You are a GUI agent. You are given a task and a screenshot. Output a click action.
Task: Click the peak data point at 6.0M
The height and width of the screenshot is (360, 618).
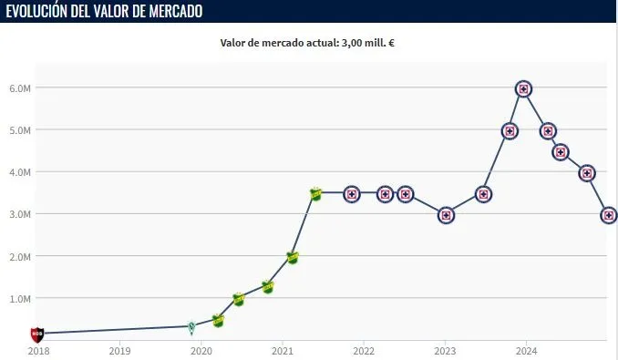coord(523,88)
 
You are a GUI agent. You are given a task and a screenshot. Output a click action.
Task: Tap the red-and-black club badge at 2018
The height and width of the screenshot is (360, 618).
coord(37,334)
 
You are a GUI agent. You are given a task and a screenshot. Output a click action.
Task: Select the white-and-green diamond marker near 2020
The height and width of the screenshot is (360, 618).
coord(191,327)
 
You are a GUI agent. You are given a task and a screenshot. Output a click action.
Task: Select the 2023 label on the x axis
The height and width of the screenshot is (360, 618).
coord(445,350)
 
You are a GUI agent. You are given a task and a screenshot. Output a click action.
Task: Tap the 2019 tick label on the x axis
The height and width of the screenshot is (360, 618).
coord(119,350)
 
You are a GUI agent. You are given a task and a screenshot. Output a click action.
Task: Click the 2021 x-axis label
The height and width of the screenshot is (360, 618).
coord(283,350)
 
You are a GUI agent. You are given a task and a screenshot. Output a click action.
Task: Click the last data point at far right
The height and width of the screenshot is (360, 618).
coord(609,215)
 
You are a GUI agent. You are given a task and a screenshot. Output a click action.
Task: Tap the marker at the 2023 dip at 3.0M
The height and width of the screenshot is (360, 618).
coord(446,215)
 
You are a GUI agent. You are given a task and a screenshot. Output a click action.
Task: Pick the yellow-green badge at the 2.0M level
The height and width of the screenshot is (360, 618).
coord(293,257)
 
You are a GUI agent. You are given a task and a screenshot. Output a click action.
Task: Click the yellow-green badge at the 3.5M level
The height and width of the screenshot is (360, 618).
coord(316,194)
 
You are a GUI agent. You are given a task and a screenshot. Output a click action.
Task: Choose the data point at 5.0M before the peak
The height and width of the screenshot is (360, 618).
coord(510,130)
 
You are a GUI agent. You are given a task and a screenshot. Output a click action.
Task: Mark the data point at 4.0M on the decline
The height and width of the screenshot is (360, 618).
coord(587,173)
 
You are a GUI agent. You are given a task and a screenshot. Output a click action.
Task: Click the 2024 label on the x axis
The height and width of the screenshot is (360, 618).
coord(526,350)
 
